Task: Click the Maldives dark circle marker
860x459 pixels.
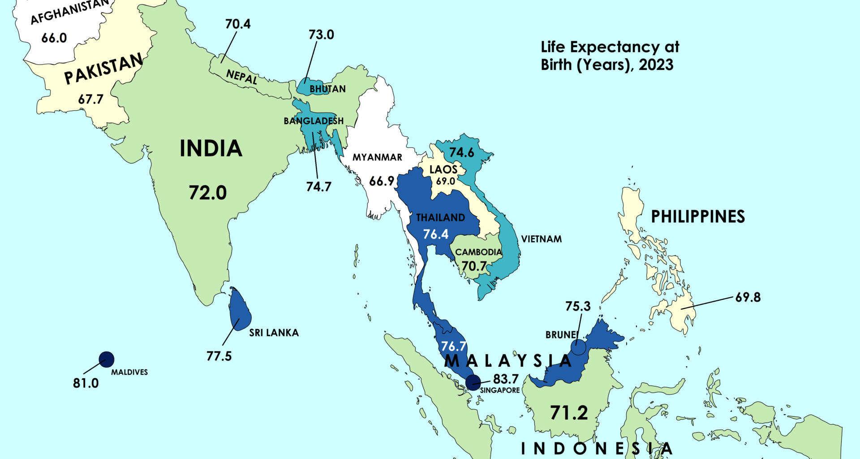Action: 107,359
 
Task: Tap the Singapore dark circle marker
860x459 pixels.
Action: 473,382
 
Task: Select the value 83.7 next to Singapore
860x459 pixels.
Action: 506,379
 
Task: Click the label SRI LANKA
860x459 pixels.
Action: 274,333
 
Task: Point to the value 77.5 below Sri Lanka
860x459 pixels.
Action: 219,356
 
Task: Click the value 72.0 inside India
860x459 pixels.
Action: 208,193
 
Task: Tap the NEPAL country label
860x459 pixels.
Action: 241,77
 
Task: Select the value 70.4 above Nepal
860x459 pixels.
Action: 238,24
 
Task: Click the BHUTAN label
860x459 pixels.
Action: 327,89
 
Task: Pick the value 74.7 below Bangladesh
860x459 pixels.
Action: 318,186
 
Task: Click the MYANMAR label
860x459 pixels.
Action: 377,157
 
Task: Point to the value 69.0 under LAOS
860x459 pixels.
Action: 446,181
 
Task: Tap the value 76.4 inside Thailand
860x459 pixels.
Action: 436,234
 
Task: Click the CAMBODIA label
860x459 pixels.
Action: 478,252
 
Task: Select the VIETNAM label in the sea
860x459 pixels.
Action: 541,239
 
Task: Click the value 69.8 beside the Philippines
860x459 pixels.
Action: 748,297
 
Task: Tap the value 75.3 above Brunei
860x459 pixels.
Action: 578,306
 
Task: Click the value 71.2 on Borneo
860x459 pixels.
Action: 569,412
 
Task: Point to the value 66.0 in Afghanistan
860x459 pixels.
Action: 54,38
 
